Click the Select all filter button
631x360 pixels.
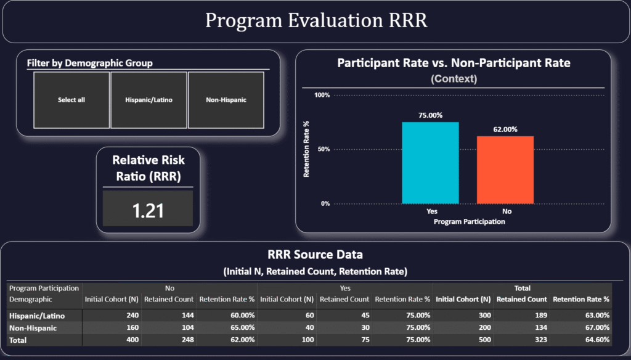(x=71, y=100)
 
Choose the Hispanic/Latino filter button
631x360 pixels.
(x=149, y=100)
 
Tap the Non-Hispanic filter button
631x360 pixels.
(x=226, y=100)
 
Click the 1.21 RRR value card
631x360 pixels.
(x=148, y=210)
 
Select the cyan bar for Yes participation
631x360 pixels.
(x=430, y=163)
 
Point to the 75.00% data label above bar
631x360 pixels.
(x=430, y=115)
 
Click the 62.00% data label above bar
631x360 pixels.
(x=505, y=129)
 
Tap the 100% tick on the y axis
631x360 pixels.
(x=322, y=95)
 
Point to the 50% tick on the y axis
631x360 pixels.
(x=324, y=149)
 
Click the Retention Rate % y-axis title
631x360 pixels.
(x=306, y=149)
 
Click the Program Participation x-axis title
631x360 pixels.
(x=469, y=222)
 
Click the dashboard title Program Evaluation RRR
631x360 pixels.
(x=315, y=21)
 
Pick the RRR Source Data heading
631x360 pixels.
(x=315, y=255)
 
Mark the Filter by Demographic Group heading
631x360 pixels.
(x=90, y=63)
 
